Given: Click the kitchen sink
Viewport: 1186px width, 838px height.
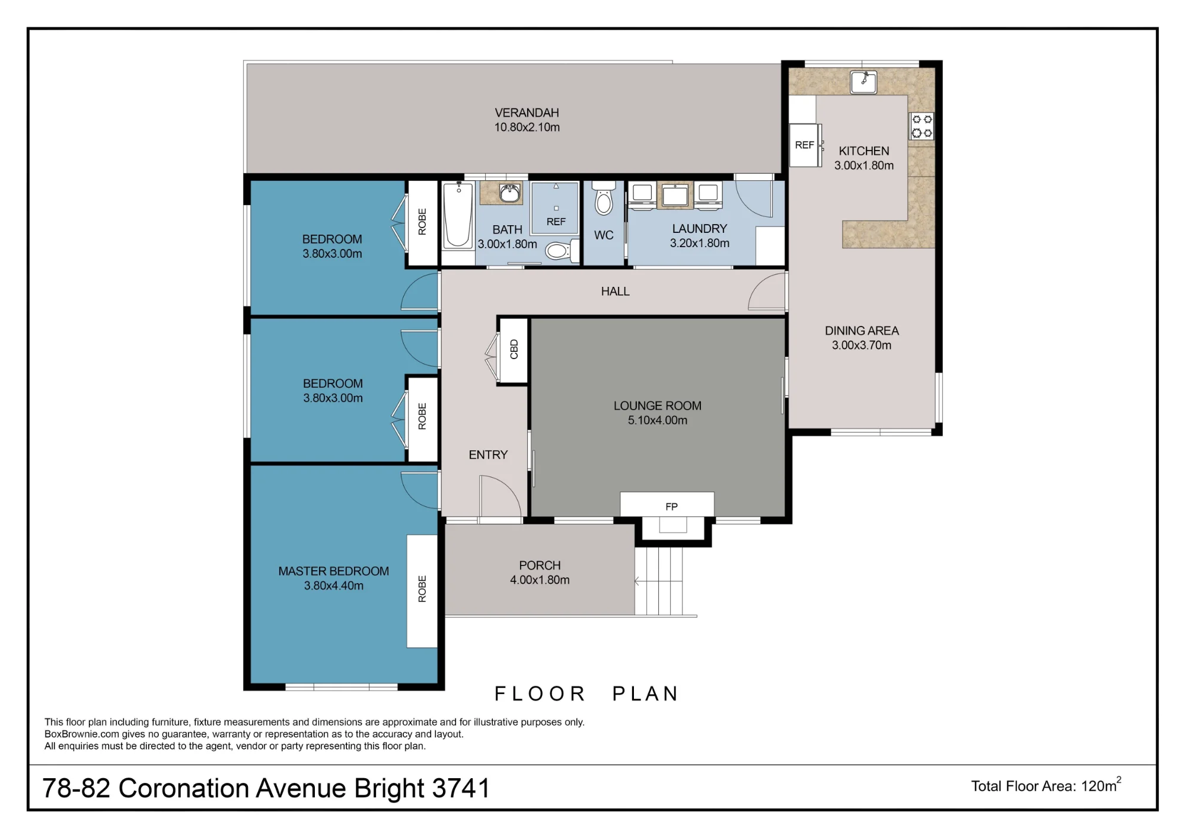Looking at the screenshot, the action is pos(863,82).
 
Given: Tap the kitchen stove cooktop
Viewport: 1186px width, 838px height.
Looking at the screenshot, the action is pos(922,126).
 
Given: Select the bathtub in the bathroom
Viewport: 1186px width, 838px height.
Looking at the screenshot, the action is pos(458,215).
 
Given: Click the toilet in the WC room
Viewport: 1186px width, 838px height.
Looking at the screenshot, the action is pos(604,199).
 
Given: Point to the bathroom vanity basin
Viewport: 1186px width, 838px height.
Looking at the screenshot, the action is pos(509,193).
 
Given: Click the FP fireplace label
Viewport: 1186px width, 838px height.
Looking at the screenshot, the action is pos(671,507).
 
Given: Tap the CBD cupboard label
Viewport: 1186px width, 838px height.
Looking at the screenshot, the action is pos(514,350).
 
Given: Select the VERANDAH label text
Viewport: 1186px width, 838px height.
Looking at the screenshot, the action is pos(527,113).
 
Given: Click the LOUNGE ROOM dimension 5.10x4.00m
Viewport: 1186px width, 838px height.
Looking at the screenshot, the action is pos(658,420).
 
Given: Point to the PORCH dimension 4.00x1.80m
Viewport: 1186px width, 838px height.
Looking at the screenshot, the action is pos(540,580).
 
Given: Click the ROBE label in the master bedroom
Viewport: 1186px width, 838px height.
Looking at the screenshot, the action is pos(422,588).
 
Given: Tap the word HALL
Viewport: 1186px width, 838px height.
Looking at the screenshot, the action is pos(615,292).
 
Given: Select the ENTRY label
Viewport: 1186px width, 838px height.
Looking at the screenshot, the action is pos(488,455).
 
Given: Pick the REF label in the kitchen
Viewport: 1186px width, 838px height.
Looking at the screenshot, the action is pos(804,145).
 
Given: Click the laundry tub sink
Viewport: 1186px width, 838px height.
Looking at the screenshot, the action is pos(674,195).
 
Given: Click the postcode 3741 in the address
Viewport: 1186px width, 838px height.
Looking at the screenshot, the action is pos(461,788).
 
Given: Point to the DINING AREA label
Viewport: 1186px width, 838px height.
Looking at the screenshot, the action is pos(862,331).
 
